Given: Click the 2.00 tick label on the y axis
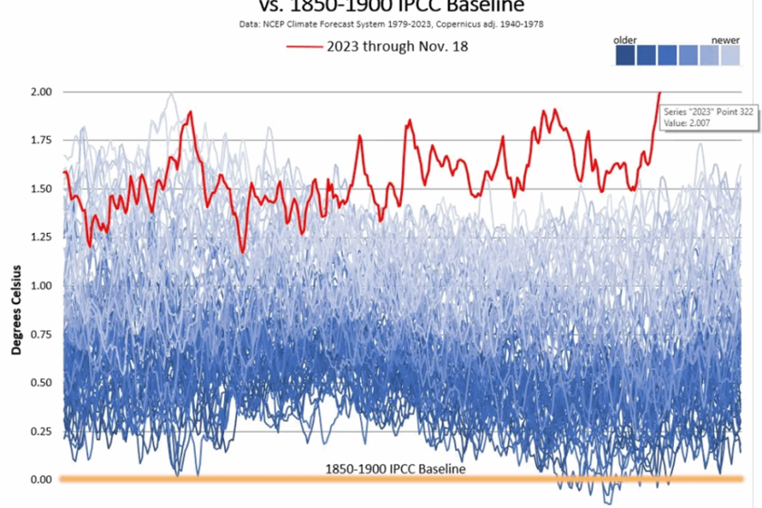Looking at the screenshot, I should click(41, 92).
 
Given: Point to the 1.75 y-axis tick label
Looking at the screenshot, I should click(41, 140).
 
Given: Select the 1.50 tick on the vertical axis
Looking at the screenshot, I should click(41, 189).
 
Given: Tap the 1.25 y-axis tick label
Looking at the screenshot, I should click(41, 237).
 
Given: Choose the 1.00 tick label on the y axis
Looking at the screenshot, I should click(41, 286).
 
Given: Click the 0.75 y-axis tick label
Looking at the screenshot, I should click(41, 334).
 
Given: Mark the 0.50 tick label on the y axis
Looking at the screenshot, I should click(41, 382).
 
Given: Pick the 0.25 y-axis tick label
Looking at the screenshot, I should click(41, 431).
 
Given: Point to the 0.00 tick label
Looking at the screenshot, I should click(41, 479).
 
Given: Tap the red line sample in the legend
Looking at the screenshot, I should click(305, 47).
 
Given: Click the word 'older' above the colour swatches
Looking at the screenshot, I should click(625, 41).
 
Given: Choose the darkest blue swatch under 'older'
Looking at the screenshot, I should click(625, 56).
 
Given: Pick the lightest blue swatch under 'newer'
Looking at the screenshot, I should click(730, 56).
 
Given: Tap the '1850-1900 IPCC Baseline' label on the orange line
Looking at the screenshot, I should click(396, 469).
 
